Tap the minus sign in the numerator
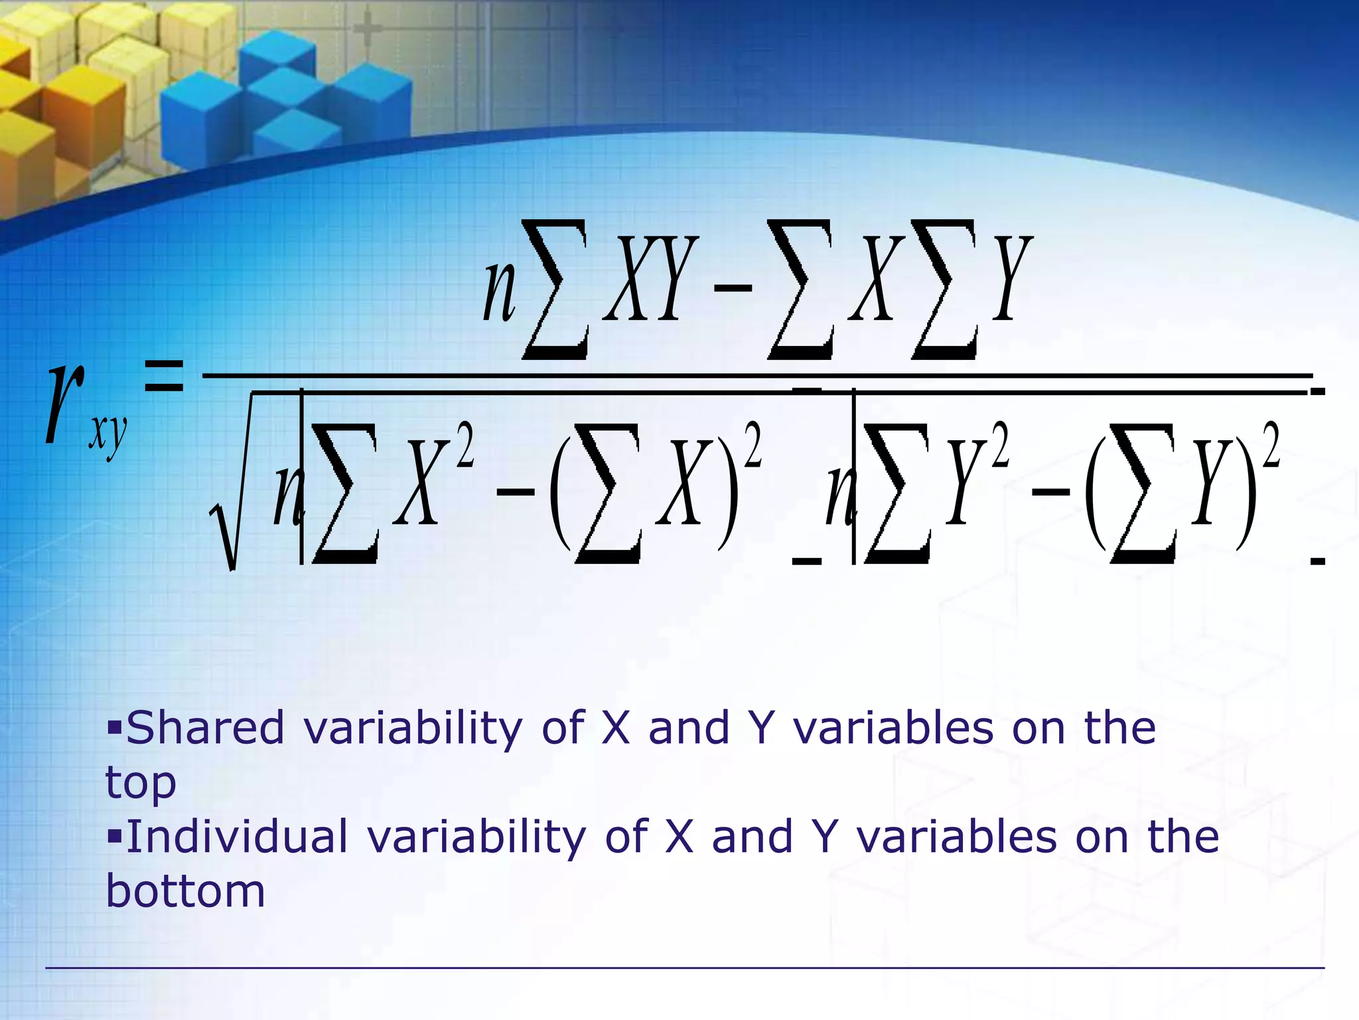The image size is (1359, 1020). (x=733, y=287)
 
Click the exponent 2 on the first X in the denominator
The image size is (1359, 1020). (x=465, y=446)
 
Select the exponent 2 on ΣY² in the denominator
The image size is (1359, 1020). (x=1000, y=446)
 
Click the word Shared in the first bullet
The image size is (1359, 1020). (x=205, y=728)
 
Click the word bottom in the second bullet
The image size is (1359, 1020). (x=186, y=891)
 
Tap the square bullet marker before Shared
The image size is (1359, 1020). (x=115, y=726)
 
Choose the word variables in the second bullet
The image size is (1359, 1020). (x=956, y=836)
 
